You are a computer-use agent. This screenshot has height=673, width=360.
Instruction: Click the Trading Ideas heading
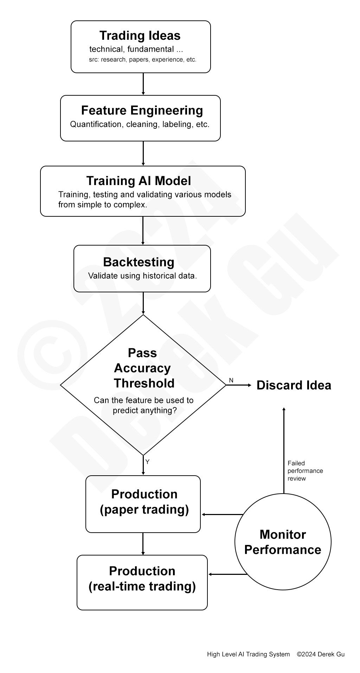pyautogui.click(x=140, y=36)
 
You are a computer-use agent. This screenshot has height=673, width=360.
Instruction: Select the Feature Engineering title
pyautogui.click(x=142, y=110)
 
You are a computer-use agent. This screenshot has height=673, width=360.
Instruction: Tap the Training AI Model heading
pyautogui.click(x=139, y=181)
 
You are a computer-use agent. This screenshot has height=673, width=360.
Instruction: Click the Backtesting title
pyautogui.click(x=139, y=262)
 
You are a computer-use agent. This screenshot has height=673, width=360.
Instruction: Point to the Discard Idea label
pyautogui.click(x=294, y=385)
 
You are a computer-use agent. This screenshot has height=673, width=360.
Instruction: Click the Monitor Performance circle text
pyautogui.click(x=283, y=542)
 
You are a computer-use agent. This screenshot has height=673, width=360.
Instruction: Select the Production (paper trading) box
pyautogui.click(x=143, y=504)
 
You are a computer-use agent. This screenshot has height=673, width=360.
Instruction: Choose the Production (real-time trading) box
pyautogui.click(x=142, y=582)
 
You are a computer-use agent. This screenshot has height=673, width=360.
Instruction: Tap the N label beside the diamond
pyautogui.click(x=231, y=380)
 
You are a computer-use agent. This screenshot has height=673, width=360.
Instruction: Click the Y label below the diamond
pyautogui.click(x=147, y=462)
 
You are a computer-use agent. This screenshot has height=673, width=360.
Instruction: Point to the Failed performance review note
pyautogui.click(x=305, y=471)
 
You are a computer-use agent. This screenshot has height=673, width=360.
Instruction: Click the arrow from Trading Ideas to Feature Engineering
pyautogui.click(x=143, y=84)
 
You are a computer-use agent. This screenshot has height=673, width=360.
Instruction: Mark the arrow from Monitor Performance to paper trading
pyautogui.click(x=222, y=514)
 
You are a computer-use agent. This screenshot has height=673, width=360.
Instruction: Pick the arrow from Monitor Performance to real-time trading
pyautogui.click(x=227, y=574)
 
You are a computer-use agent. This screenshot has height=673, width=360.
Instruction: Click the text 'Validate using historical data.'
pyautogui.click(x=142, y=276)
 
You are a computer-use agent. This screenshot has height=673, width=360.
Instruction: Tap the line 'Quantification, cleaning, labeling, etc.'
pyautogui.click(x=140, y=124)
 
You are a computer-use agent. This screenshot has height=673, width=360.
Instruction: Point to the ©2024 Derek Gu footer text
pyautogui.click(x=321, y=654)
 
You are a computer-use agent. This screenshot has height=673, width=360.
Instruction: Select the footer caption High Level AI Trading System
pyautogui.click(x=248, y=654)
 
